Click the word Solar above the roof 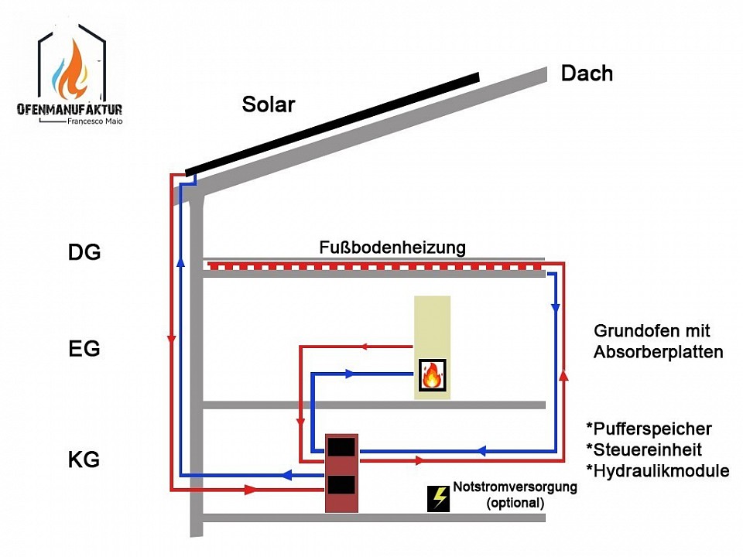[269, 105]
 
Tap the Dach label [587, 73]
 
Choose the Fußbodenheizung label [392, 248]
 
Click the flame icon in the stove [432, 376]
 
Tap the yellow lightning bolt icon [439, 497]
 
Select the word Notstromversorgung [515, 487]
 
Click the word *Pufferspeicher [649, 429]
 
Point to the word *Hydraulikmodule [658, 470]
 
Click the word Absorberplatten [658, 353]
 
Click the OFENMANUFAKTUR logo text [70, 110]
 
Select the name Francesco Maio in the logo [94, 121]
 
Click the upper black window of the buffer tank [341, 446]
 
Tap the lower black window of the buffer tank [341, 485]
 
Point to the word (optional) [515, 503]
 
